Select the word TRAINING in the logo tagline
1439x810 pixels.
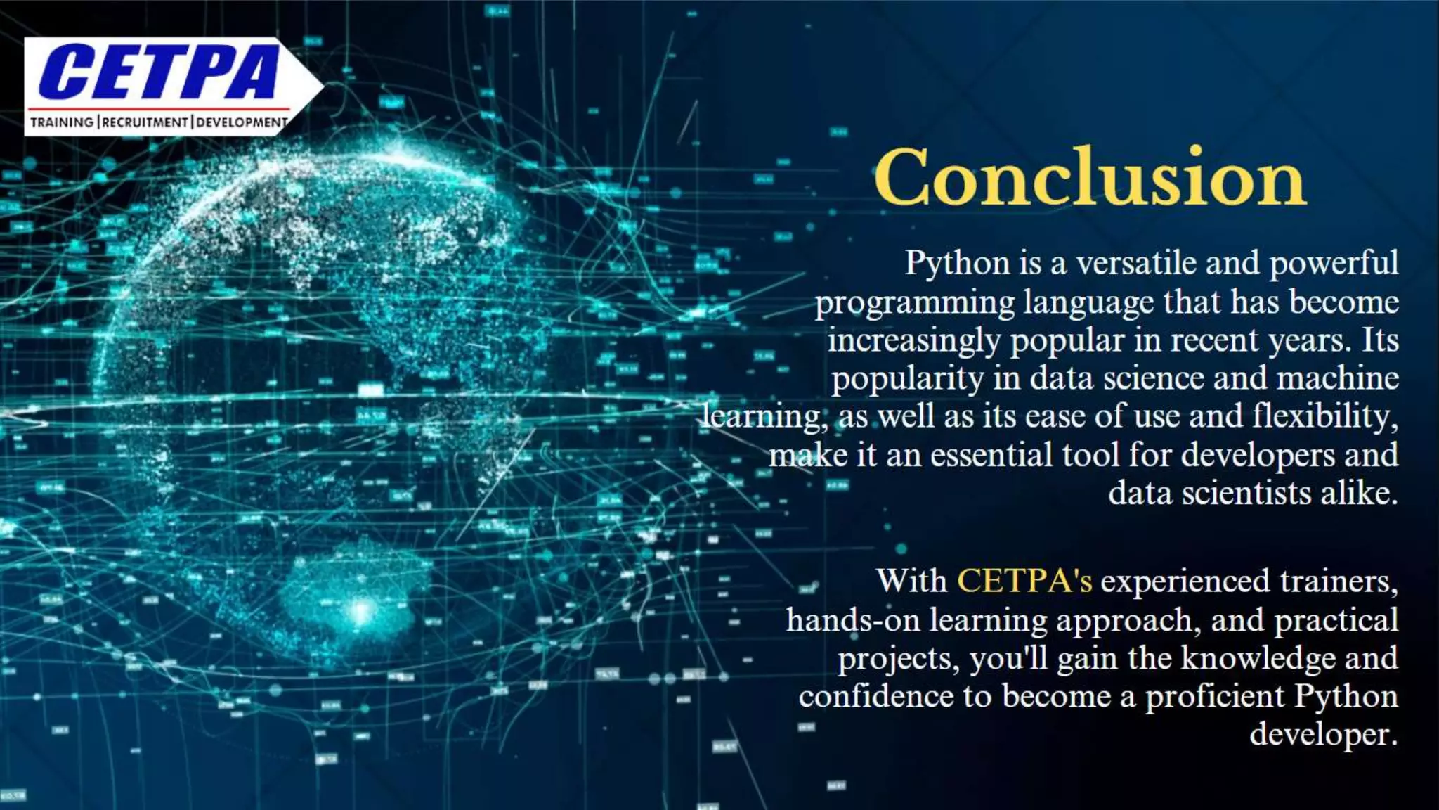[62, 122]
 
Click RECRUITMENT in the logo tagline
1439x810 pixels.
[145, 122]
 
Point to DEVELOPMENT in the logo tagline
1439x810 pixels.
[242, 122]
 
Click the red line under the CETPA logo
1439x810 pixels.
[158, 109]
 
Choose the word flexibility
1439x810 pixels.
[1325, 416]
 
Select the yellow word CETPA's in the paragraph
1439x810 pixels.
[1024, 581]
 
